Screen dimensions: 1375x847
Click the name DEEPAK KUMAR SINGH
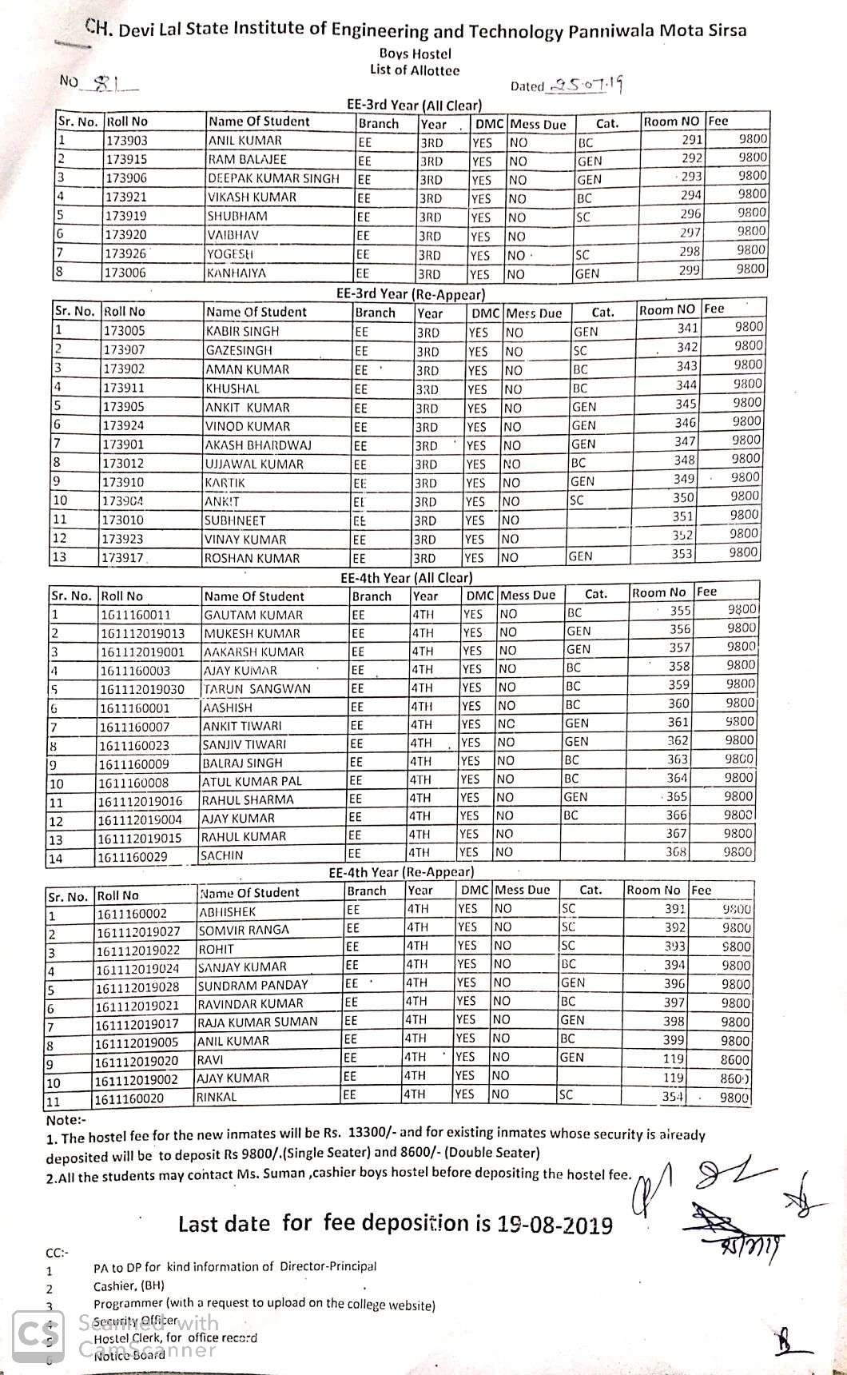click(273, 178)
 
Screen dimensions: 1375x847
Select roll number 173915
click(127, 159)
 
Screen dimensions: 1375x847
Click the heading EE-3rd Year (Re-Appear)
click(411, 293)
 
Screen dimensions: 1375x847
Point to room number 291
click(691, 139)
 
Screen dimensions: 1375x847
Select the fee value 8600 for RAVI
click(735, 1060)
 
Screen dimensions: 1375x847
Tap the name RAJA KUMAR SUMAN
click(257, 1022)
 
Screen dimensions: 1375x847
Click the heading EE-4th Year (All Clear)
click(407, 577)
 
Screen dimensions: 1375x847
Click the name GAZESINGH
click(238, 350)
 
